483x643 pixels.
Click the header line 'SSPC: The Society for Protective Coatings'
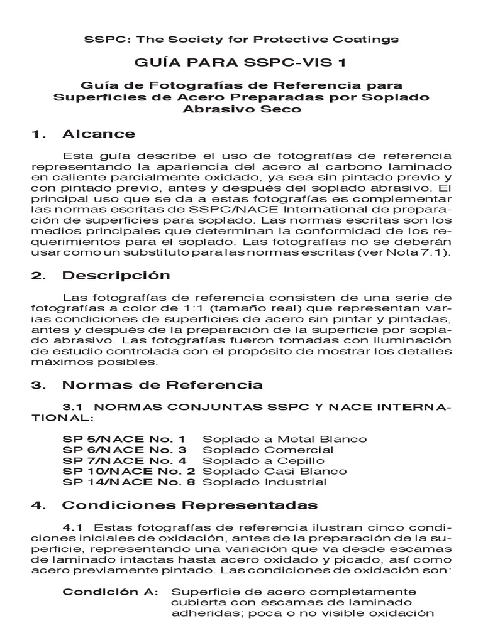[x=241, y=39]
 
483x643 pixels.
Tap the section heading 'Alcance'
[x=98, y=133]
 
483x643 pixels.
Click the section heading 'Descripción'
[x=116, y=275]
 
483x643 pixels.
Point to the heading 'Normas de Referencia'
[x=162, y=384]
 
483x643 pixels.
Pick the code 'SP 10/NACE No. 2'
[x=129, y=471]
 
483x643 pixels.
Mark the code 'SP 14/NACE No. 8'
[x=129, y=482]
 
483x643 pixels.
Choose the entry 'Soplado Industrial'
[x=264, y=482]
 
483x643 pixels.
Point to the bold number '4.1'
[x=74, y=526]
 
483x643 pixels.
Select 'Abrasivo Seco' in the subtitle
[x=241, y=109]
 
